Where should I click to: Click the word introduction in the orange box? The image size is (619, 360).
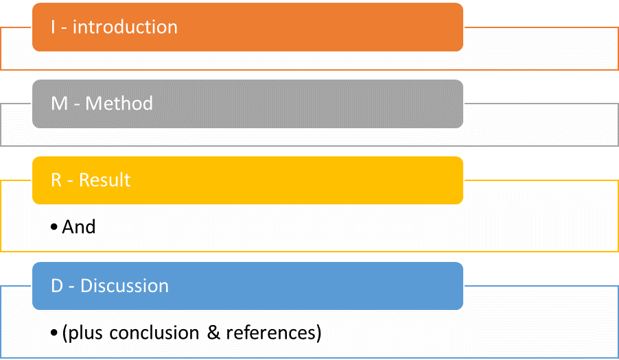point(125,27)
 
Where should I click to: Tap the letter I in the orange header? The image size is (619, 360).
point(53,27)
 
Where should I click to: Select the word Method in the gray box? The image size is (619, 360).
point(119,104)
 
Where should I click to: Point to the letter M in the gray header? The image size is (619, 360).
point(59,104)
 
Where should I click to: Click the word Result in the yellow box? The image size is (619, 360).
point(104,180)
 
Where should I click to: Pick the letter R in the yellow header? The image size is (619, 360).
point(56,180)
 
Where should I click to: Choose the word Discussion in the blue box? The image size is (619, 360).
point(124,285)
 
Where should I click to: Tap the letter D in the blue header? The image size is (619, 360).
point(57,285)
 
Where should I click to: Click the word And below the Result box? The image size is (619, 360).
point(78,227)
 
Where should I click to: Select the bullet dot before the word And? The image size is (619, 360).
point(54,227)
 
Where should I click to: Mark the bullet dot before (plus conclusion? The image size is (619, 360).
point(54,333)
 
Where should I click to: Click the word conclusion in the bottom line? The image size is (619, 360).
point(154,333)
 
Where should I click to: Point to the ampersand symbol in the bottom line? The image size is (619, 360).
point(213,333)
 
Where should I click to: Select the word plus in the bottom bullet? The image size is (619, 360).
point(86,334)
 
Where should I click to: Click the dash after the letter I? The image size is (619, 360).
point(64,29)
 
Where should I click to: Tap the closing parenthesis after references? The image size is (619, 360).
point(318,333)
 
